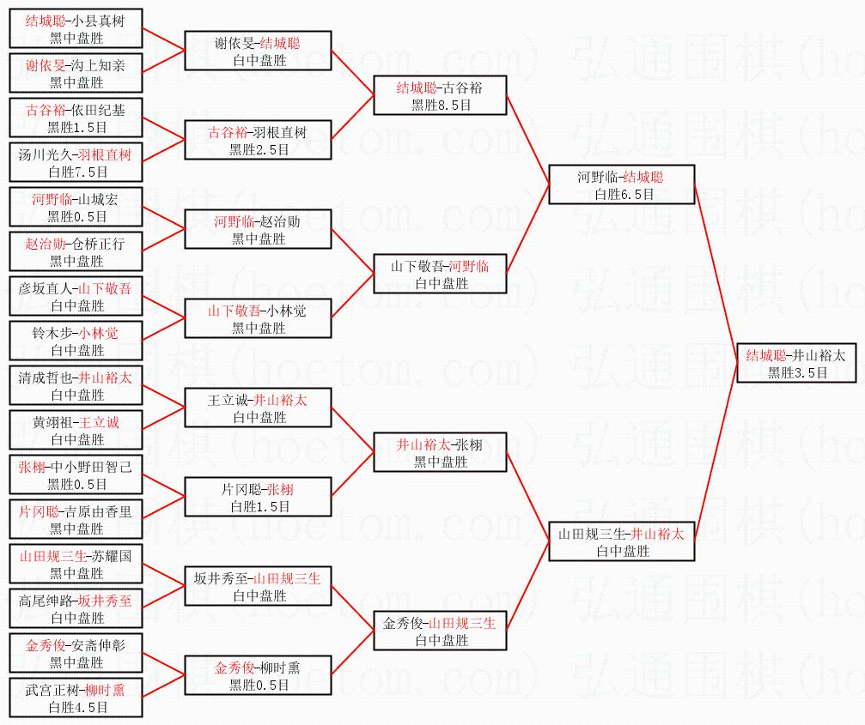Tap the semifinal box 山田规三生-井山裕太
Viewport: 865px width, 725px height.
(x=621, y=541)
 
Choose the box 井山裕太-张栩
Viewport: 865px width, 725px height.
(x=440, y=452)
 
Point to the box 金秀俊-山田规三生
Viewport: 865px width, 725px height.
(x=440, y=631)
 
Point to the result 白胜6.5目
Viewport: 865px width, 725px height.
(x=621, y=195)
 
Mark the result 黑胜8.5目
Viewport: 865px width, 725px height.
(x=440, y=105)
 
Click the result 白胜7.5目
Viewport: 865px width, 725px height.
(x=76, y=172)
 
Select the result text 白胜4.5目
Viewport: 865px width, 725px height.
(x=76, y=707)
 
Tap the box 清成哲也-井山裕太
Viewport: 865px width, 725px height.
(x=76, y=385)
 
